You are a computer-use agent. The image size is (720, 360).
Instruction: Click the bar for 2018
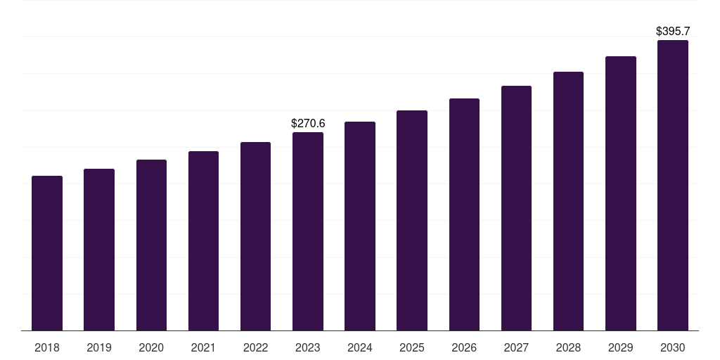pos(47,253)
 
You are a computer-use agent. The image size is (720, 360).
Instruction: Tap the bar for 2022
pos(255,236)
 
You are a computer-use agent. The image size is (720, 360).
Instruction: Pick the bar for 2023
pos(308,231)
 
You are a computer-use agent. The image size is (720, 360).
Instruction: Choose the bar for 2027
pos(516,208)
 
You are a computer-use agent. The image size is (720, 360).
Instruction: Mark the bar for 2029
pos(621,193)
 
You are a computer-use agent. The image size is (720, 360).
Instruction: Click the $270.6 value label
pos(308,124)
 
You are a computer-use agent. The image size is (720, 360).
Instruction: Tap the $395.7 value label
pos(673,32)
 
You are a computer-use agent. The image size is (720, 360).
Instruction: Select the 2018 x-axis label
pos(47,348)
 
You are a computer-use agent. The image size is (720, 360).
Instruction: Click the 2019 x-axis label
pos(99,348)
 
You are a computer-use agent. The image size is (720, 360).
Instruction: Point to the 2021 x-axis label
pos(203,348)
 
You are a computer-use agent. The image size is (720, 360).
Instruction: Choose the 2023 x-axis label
pos(308,348)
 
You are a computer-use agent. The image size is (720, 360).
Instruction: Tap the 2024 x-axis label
pos(360,348)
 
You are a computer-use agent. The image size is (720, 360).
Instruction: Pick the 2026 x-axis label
pos(464,348)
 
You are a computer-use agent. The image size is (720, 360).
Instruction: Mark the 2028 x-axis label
pos(568,348)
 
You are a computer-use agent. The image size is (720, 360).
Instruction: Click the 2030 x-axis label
pos(673,348)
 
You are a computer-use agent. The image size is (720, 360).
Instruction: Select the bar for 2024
pos(360,226)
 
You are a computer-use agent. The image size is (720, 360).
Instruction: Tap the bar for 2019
pos(99,250)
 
